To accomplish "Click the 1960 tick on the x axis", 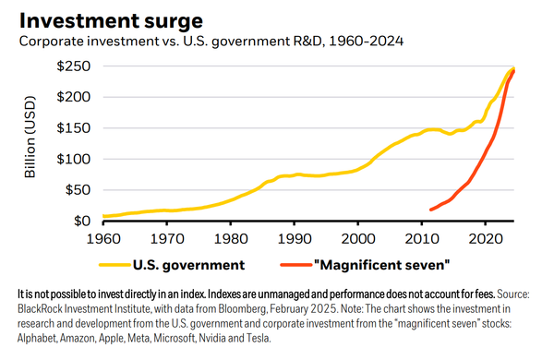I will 103,237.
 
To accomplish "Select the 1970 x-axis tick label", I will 166,237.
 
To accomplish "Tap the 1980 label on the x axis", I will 230,237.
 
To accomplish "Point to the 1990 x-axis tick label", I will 294,237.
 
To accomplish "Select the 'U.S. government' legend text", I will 187,266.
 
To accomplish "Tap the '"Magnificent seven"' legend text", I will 380,266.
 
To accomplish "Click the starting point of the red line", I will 431,210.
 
